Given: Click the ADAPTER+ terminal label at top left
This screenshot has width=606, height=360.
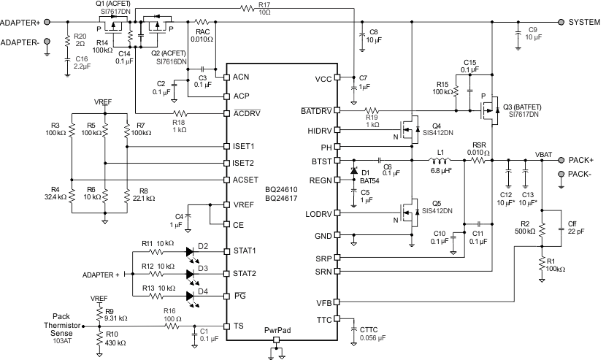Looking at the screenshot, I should click(x=20, y=22).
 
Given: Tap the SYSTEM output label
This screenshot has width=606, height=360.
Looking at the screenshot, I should click(x=583, y=22).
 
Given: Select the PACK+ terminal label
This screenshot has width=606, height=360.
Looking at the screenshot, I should click(x=581, y=158).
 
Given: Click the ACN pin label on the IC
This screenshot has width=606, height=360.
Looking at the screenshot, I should click(x=241, y=77).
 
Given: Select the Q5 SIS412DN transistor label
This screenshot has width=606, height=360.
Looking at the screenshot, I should click(x=437, y=207).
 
